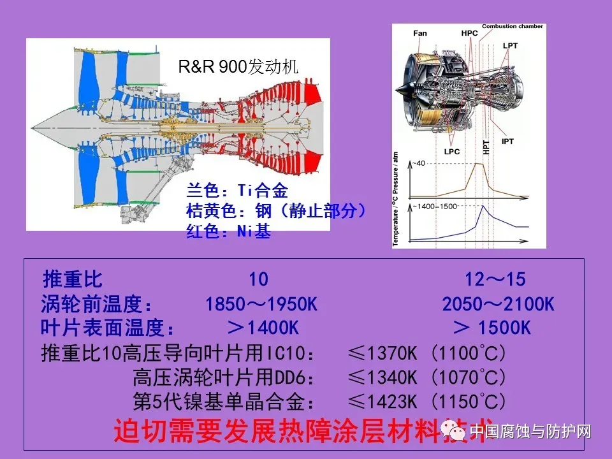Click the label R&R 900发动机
tap(238, 67)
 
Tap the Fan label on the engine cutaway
tap(419, 33)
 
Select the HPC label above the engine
tap(469, 33)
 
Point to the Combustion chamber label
tap(513, 27)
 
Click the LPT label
tap(510, 45)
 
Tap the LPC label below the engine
tap(452, 151)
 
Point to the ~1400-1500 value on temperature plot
tap(435, 207)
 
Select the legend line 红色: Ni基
tap(228, 231)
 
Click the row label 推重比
tap(72, 280)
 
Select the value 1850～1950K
tap(261, 305)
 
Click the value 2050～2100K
tap(498, 305)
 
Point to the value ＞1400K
tap(263, 328)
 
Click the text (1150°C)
tap(469, 402)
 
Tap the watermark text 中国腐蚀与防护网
tap(530, 432)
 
